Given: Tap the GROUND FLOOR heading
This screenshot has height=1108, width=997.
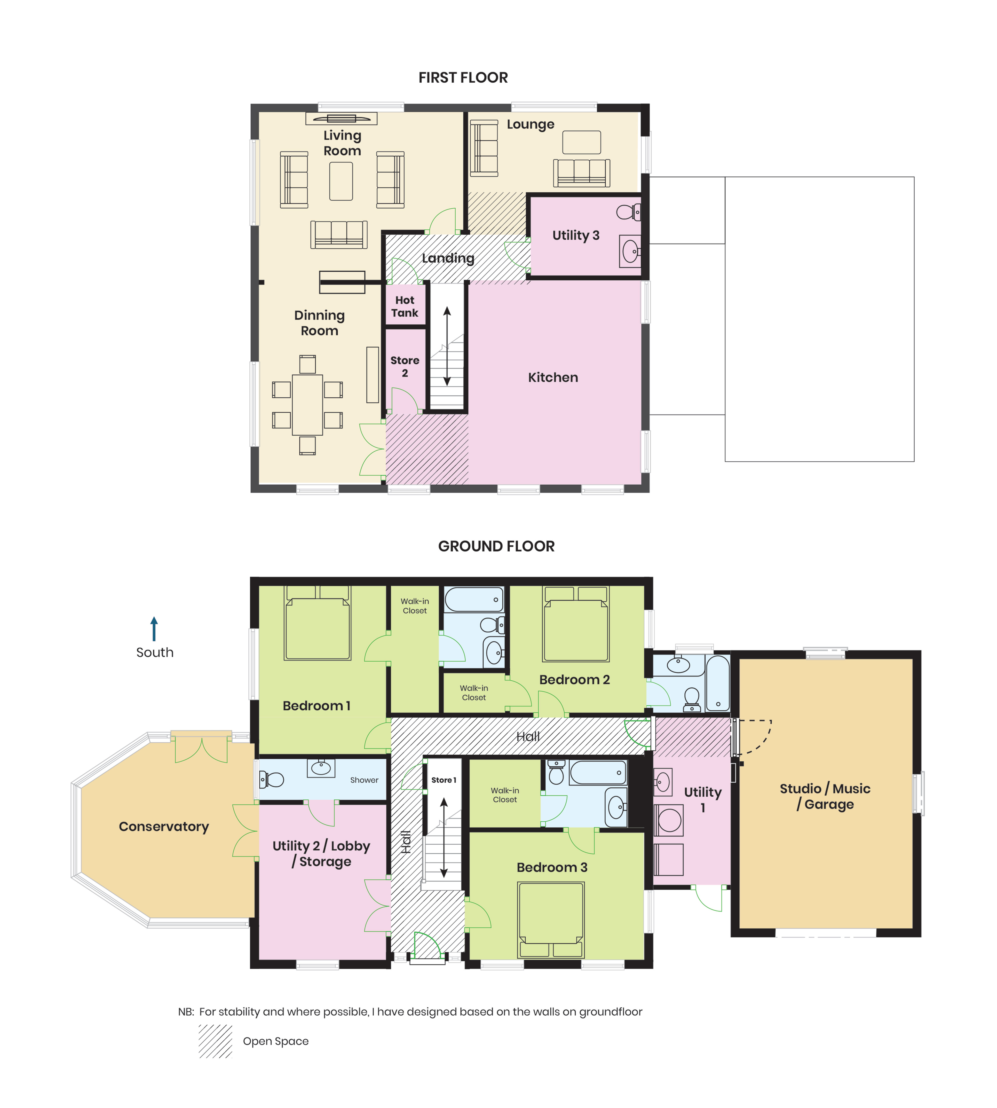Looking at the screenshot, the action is pos(496,546).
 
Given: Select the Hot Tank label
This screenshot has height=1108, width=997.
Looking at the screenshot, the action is pos(405,306).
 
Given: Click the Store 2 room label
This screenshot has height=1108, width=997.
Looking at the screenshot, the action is pos(405,367).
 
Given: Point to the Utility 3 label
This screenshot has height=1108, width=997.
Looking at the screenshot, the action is pos(576,236).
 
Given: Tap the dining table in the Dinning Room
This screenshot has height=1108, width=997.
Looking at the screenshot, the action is pos(307,405).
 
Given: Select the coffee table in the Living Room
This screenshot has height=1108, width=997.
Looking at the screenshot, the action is pos(341,181).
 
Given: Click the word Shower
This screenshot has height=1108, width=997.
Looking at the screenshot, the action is pos(364,780).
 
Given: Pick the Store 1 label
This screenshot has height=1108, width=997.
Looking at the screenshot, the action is pos(444,780).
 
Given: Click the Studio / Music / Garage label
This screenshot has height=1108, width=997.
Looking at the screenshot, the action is pos(825,797).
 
